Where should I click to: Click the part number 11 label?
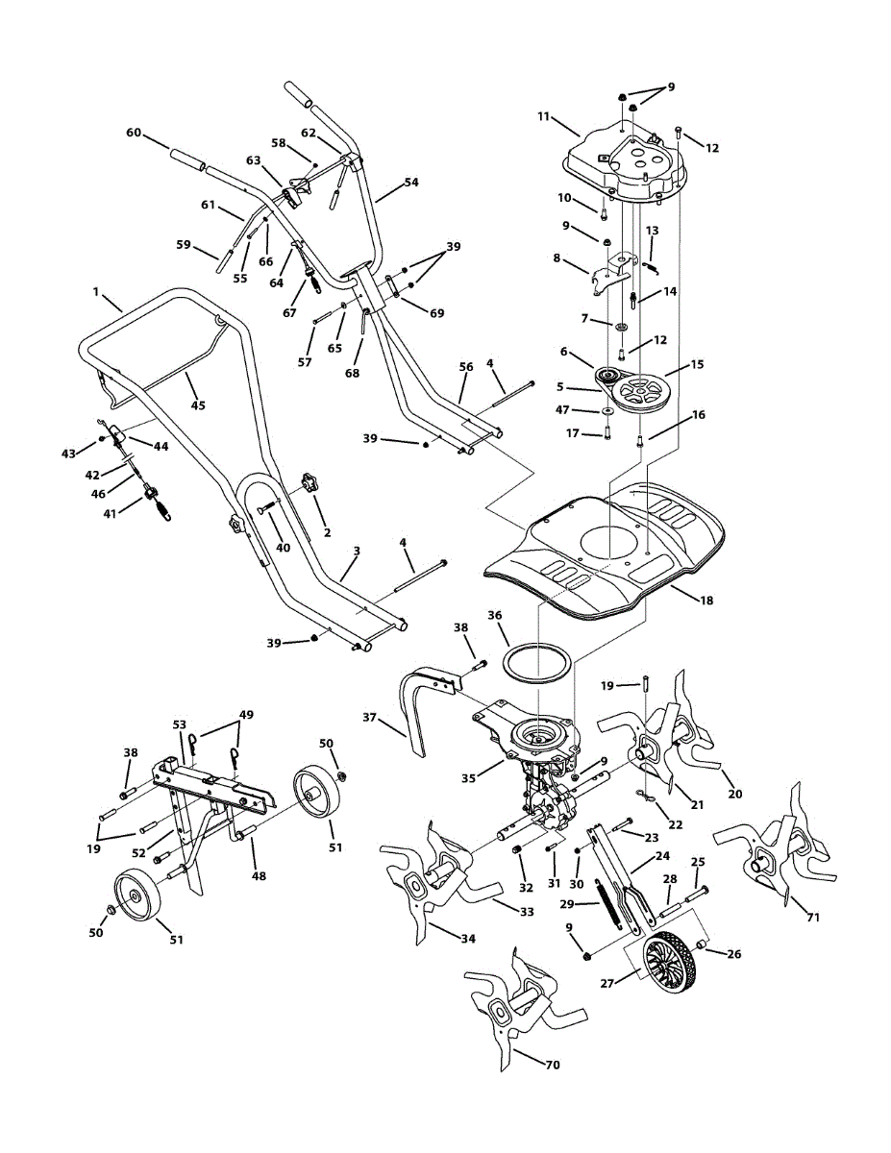(543, 117)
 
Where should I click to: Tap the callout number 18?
(706, 601)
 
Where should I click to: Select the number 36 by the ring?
(495, 615)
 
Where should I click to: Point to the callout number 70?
(552, 1065)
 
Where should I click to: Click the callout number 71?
(813, 918)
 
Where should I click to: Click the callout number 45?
(197, 405)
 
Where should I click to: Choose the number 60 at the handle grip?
(134, 132)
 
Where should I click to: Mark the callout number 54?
(411, 182)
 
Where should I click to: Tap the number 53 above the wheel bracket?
(179, 724)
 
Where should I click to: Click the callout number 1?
(96, 290)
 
